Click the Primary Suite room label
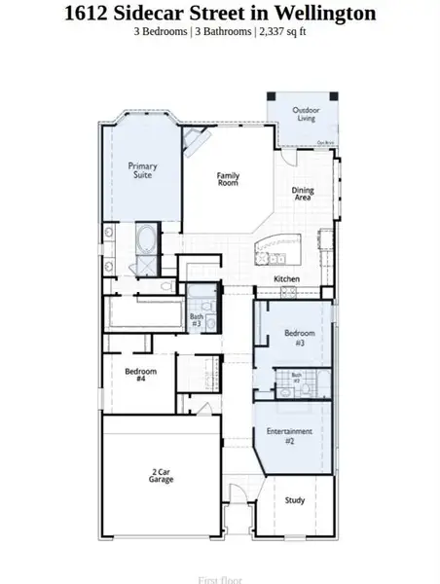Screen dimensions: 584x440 click(x=142, y=172)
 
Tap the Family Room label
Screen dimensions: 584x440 click(x=228, y=180)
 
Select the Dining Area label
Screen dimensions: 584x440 click(x=303, y=193)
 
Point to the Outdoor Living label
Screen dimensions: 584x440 click(x=307, y=114)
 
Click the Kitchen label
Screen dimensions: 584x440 click(x=286, y=279)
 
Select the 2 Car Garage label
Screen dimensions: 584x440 click(x=162, y=476)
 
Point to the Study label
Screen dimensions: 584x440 click(x=295, y=500)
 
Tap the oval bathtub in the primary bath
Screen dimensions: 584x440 click(x=145, y=240)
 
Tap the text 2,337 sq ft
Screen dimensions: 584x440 click(x=281, y=32)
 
